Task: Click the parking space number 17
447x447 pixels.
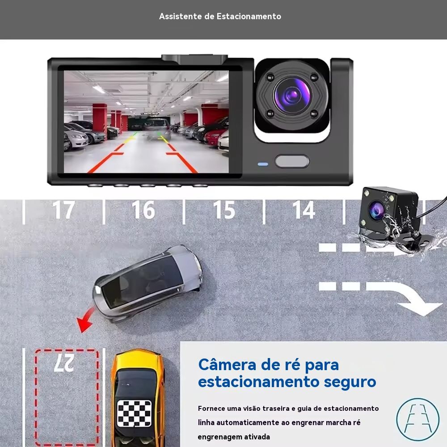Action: click(x=64, y=210)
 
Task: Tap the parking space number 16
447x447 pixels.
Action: click(x=143, y=210)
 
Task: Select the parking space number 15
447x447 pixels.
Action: click(x=224, y=210)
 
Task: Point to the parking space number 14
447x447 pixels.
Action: click(x=304, y=210)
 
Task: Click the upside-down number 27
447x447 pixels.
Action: click(x=64, y=363)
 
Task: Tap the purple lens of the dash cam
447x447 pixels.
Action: click(x=292, y=95)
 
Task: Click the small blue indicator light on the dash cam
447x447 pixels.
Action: click(x=263, y=164)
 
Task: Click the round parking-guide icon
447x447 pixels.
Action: click(x=418, y=419)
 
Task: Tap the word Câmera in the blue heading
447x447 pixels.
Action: click(x=227, y=365)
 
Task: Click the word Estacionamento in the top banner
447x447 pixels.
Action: click(x=249, y=16)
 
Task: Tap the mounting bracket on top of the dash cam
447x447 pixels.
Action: click(x=194, y=59)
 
